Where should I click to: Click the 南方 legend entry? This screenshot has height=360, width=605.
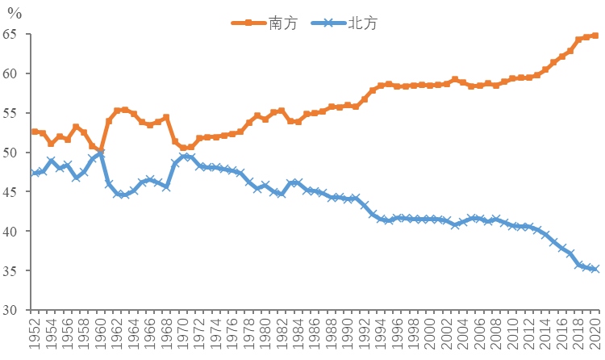click(265, 23)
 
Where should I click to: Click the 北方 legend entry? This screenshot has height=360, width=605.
click(344, 23)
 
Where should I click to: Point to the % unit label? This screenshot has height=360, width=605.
click(15, 14)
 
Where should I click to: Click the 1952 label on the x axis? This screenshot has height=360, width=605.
click(35, 334)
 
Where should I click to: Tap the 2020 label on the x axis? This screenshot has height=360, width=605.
click(595, 334)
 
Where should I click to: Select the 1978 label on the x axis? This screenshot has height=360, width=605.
click(249, 334)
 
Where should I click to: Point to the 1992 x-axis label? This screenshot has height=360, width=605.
click(365, 334)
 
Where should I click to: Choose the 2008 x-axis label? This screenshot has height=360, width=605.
click(496, 334)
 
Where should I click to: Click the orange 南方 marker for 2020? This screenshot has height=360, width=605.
click(595, 36)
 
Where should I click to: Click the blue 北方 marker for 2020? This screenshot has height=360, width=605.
click(595, 269)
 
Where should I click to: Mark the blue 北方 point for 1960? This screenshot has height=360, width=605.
click(101, 153)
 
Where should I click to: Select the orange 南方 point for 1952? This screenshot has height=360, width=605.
click(35, 132)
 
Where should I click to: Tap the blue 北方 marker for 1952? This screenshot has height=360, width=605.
click(35, 173)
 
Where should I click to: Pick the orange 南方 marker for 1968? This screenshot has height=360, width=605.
click(167, 117)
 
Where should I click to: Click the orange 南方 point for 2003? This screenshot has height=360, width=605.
click(455, 80)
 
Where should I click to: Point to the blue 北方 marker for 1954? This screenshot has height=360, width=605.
click(52, 161)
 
